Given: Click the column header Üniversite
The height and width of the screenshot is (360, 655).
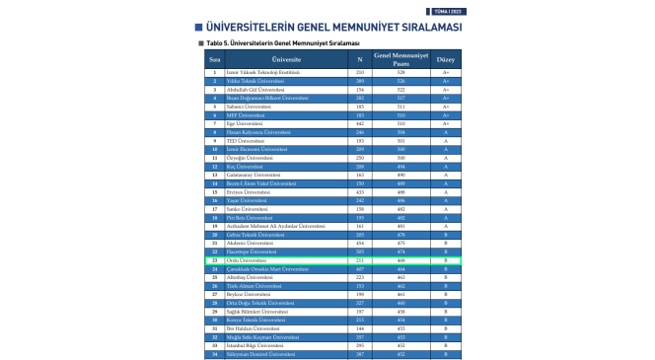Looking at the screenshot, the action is click(x=285, y=59).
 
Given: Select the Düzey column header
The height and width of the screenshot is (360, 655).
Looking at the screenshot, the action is click(x=445, y=59).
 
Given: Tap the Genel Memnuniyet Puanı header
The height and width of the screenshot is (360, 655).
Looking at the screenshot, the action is click(x=401, y=59).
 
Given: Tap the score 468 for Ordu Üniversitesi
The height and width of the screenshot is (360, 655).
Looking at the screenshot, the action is click(x=401, y=260).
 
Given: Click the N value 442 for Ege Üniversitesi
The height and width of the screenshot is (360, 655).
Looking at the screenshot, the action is click(x=359, y=123).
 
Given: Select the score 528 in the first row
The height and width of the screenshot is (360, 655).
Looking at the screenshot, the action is click(x=401, y=72).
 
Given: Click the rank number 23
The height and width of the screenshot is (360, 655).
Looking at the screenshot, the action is click(x=214, y=260).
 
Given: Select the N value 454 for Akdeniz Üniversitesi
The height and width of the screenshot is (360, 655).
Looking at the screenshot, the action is click(x=359, y=243).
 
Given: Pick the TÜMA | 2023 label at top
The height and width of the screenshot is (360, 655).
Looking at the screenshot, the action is click(x=449, y=9).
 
